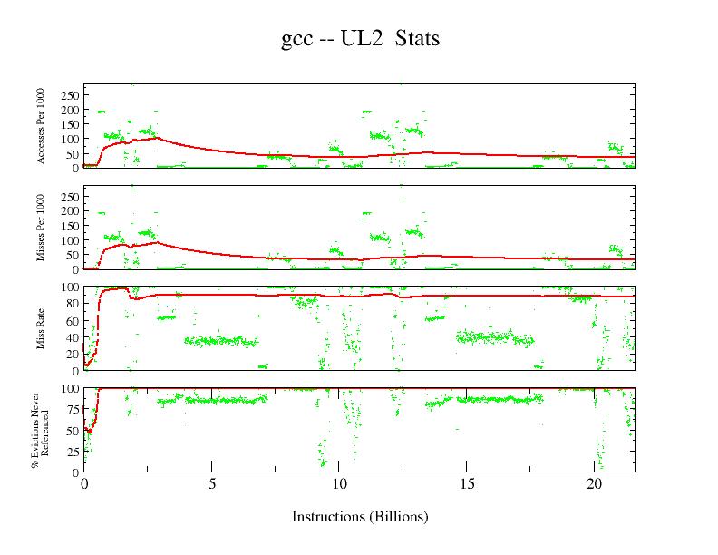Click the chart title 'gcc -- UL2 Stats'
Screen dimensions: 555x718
[x=360, y=39]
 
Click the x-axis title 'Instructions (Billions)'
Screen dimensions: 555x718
[x=360, y=517]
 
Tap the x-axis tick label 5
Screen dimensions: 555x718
[x=211, y=484]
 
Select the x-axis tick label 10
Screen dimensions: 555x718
[x=339, y=484]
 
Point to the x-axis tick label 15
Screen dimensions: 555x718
[x=466, y=484]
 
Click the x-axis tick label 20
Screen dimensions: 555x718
[x=594, y=484]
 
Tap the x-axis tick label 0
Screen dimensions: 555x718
[x=84, y=484]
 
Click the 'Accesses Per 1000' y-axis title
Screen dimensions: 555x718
[x=42, y=126]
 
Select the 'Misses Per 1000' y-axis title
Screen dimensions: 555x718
[x=42, y=228]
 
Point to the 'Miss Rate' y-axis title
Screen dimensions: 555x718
[x=42, y=329]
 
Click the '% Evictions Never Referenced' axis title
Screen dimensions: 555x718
[x=38, y=431]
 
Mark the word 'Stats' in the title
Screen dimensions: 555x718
[x=418, y=39]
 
